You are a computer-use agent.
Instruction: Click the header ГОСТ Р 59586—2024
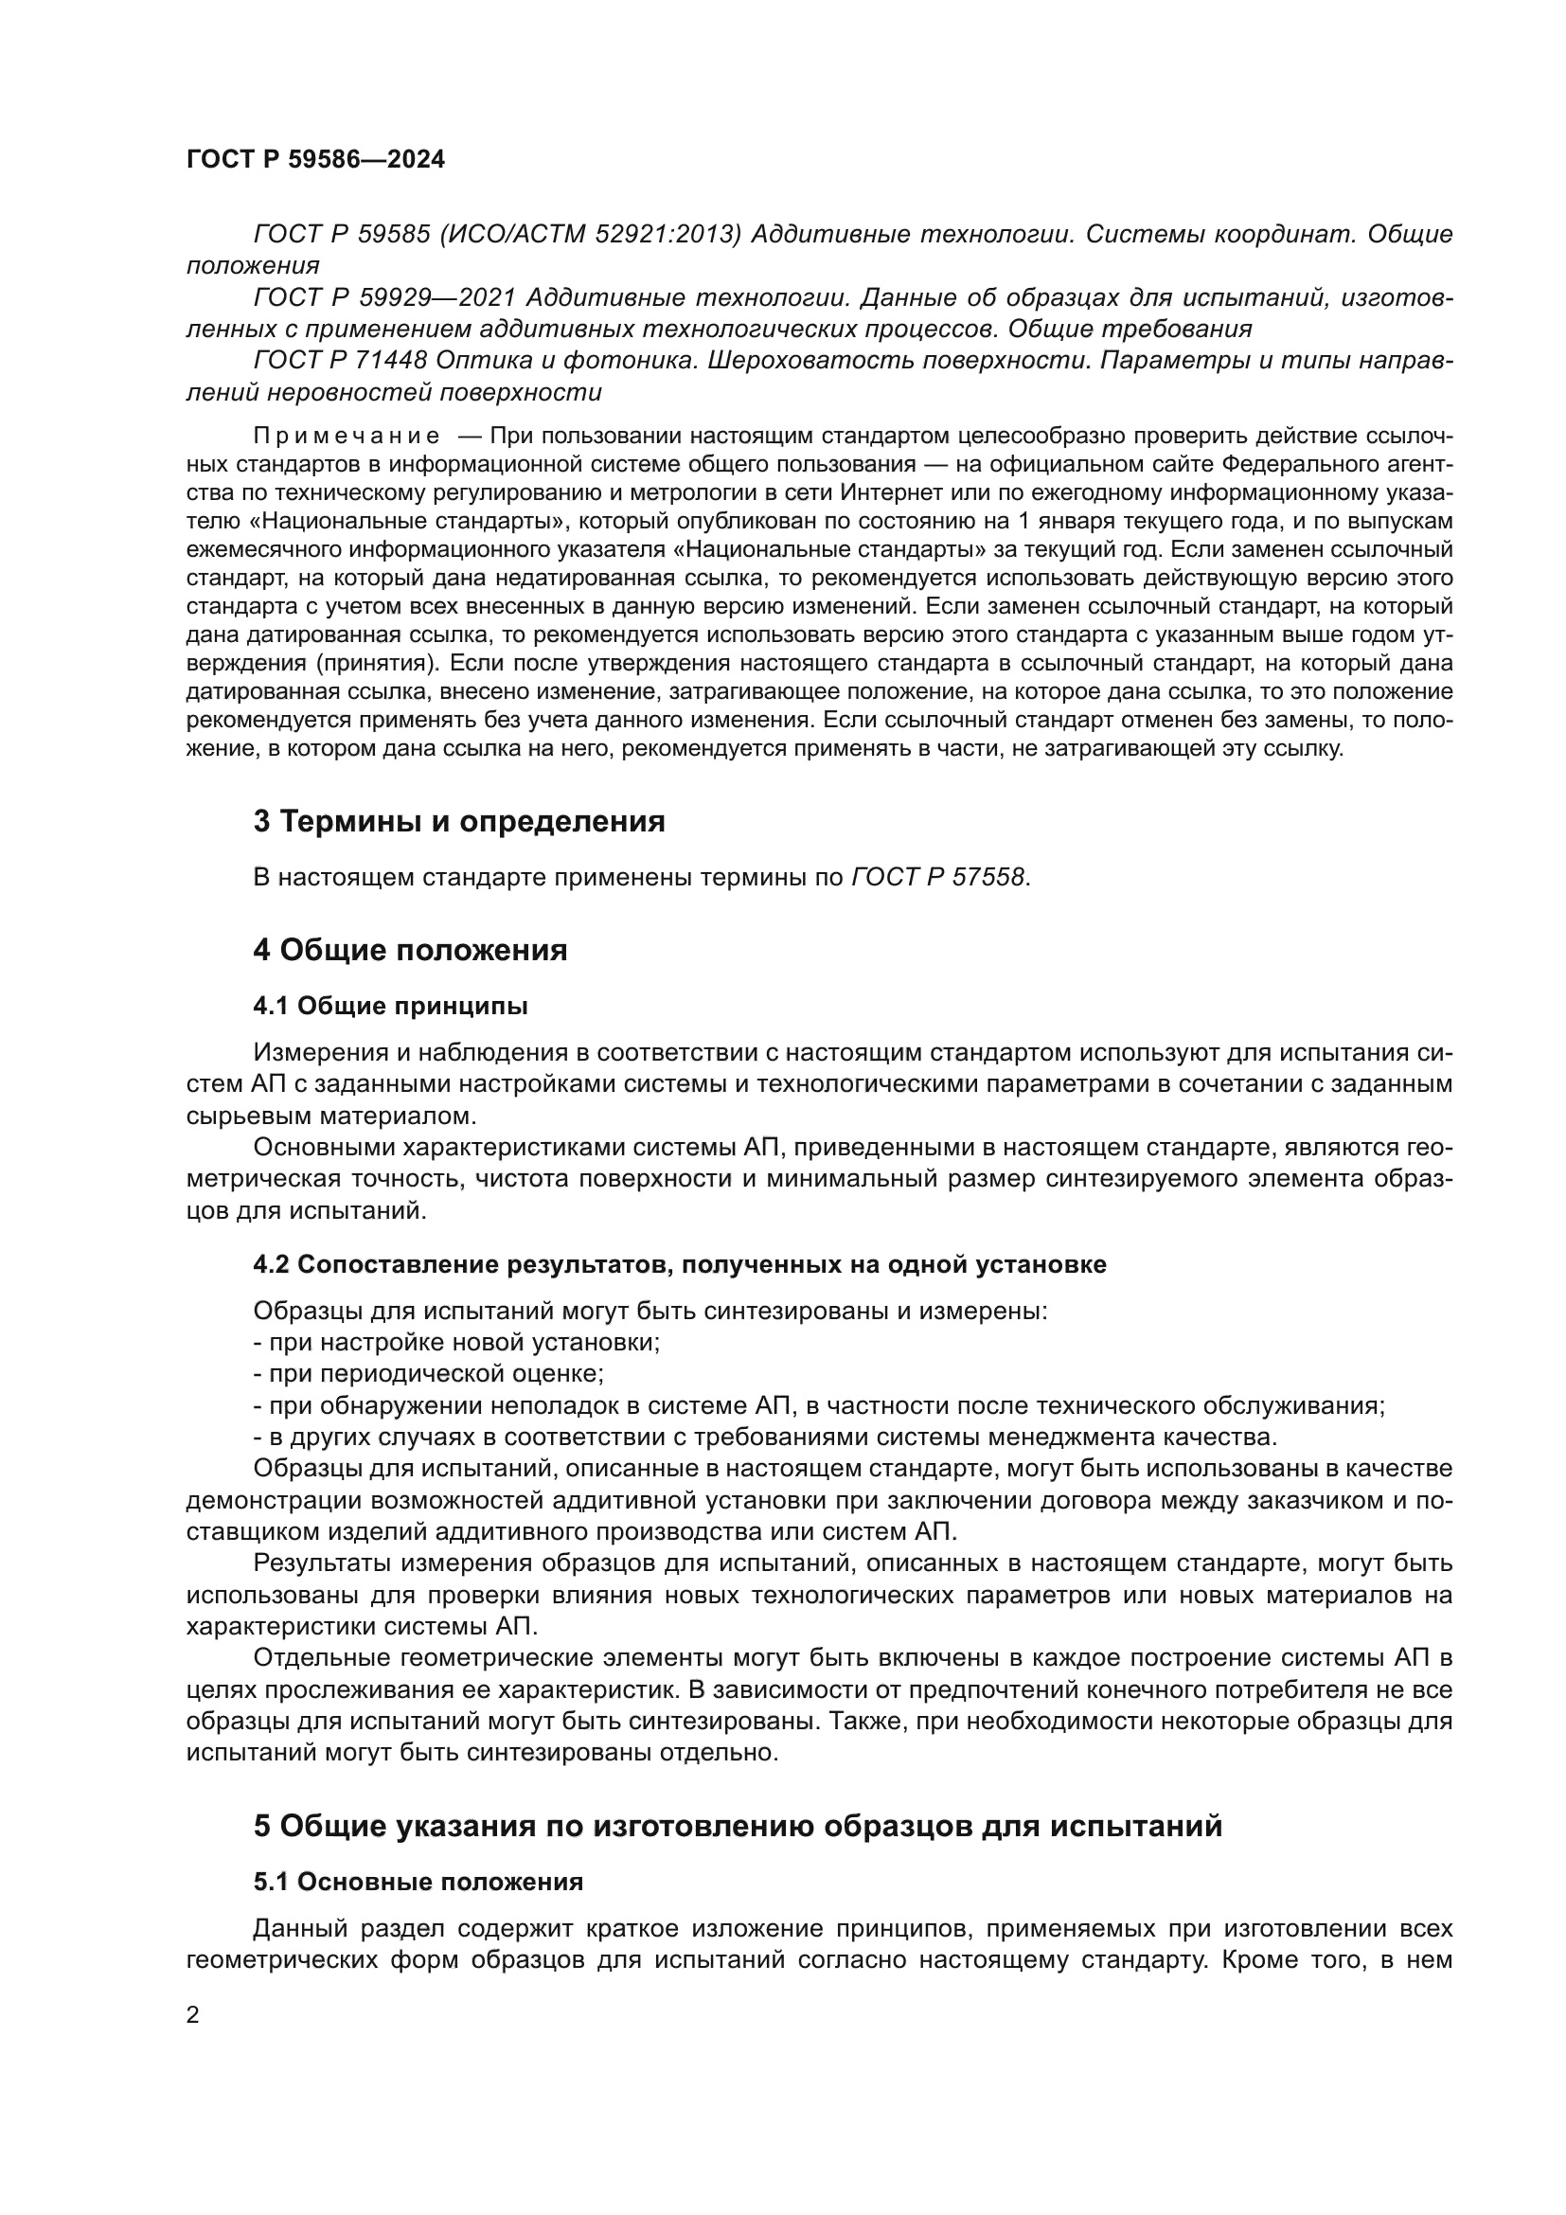pos(315,160)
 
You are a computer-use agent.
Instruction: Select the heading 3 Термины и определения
pos(459,821)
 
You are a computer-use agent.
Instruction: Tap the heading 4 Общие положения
pos(410,950)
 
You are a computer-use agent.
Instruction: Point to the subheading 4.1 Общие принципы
pos(390,1007)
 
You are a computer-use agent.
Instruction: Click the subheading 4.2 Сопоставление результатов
pos(679,1264)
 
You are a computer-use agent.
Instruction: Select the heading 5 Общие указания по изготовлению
pos(738,1826)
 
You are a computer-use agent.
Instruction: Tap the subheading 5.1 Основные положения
pos(418,1883)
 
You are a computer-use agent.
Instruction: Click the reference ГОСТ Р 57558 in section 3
pos(938,878)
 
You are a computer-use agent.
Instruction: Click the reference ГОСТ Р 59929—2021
pos(385,298)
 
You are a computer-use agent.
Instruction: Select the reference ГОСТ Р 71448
pos(340,361)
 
